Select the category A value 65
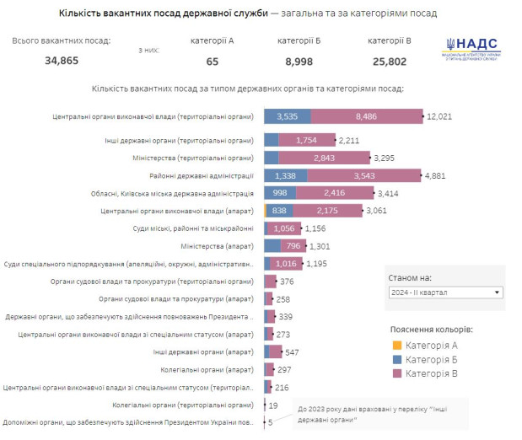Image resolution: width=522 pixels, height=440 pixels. (x=212, y=61)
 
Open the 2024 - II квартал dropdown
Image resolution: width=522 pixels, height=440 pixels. (x=444, y=292)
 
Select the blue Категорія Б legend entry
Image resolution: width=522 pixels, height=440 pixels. (x=426, y=359)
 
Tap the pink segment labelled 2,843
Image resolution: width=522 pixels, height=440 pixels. (x=324, y=158)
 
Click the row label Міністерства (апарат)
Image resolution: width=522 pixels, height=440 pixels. (x=217, y=246)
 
